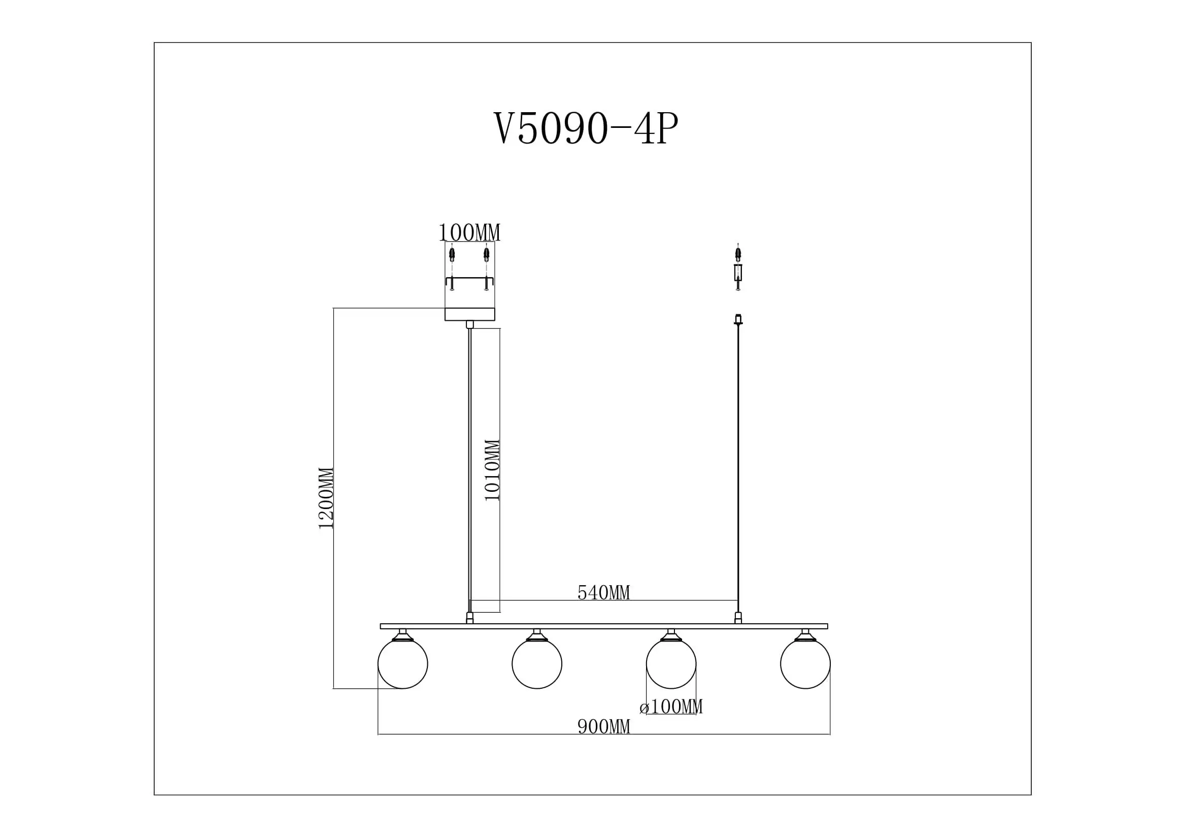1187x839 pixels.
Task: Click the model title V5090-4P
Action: (x=586, y=128)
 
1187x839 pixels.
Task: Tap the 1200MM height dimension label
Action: (x=326, y=498)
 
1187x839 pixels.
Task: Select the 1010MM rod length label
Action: (x=492, y=470)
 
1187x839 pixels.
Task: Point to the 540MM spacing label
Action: (x=603, y=593)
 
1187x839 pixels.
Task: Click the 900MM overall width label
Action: (x=603, y=727)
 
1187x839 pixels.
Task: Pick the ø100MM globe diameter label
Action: (x=670, y=707)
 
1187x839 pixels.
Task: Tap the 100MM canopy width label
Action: (x=469, y=232)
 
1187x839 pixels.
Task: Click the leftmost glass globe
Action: (x=403, y=664)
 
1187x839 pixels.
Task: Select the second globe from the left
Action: (x=536, y=664)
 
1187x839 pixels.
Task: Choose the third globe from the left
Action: (x=671, y=664)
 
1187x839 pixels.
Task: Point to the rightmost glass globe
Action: (x=805, y=664)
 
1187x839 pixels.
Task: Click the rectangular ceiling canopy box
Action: (x=469, y=314)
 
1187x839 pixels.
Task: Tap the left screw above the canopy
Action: (x=452, y=254)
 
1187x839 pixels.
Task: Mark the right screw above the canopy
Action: (x=486, y=254)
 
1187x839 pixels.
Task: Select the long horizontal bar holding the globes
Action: (x=603, y=626)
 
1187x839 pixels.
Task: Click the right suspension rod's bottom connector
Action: (x=738, y=618)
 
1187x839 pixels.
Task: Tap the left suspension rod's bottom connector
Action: (x=469, y=618)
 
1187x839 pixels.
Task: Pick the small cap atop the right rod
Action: (x=738, y=319)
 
